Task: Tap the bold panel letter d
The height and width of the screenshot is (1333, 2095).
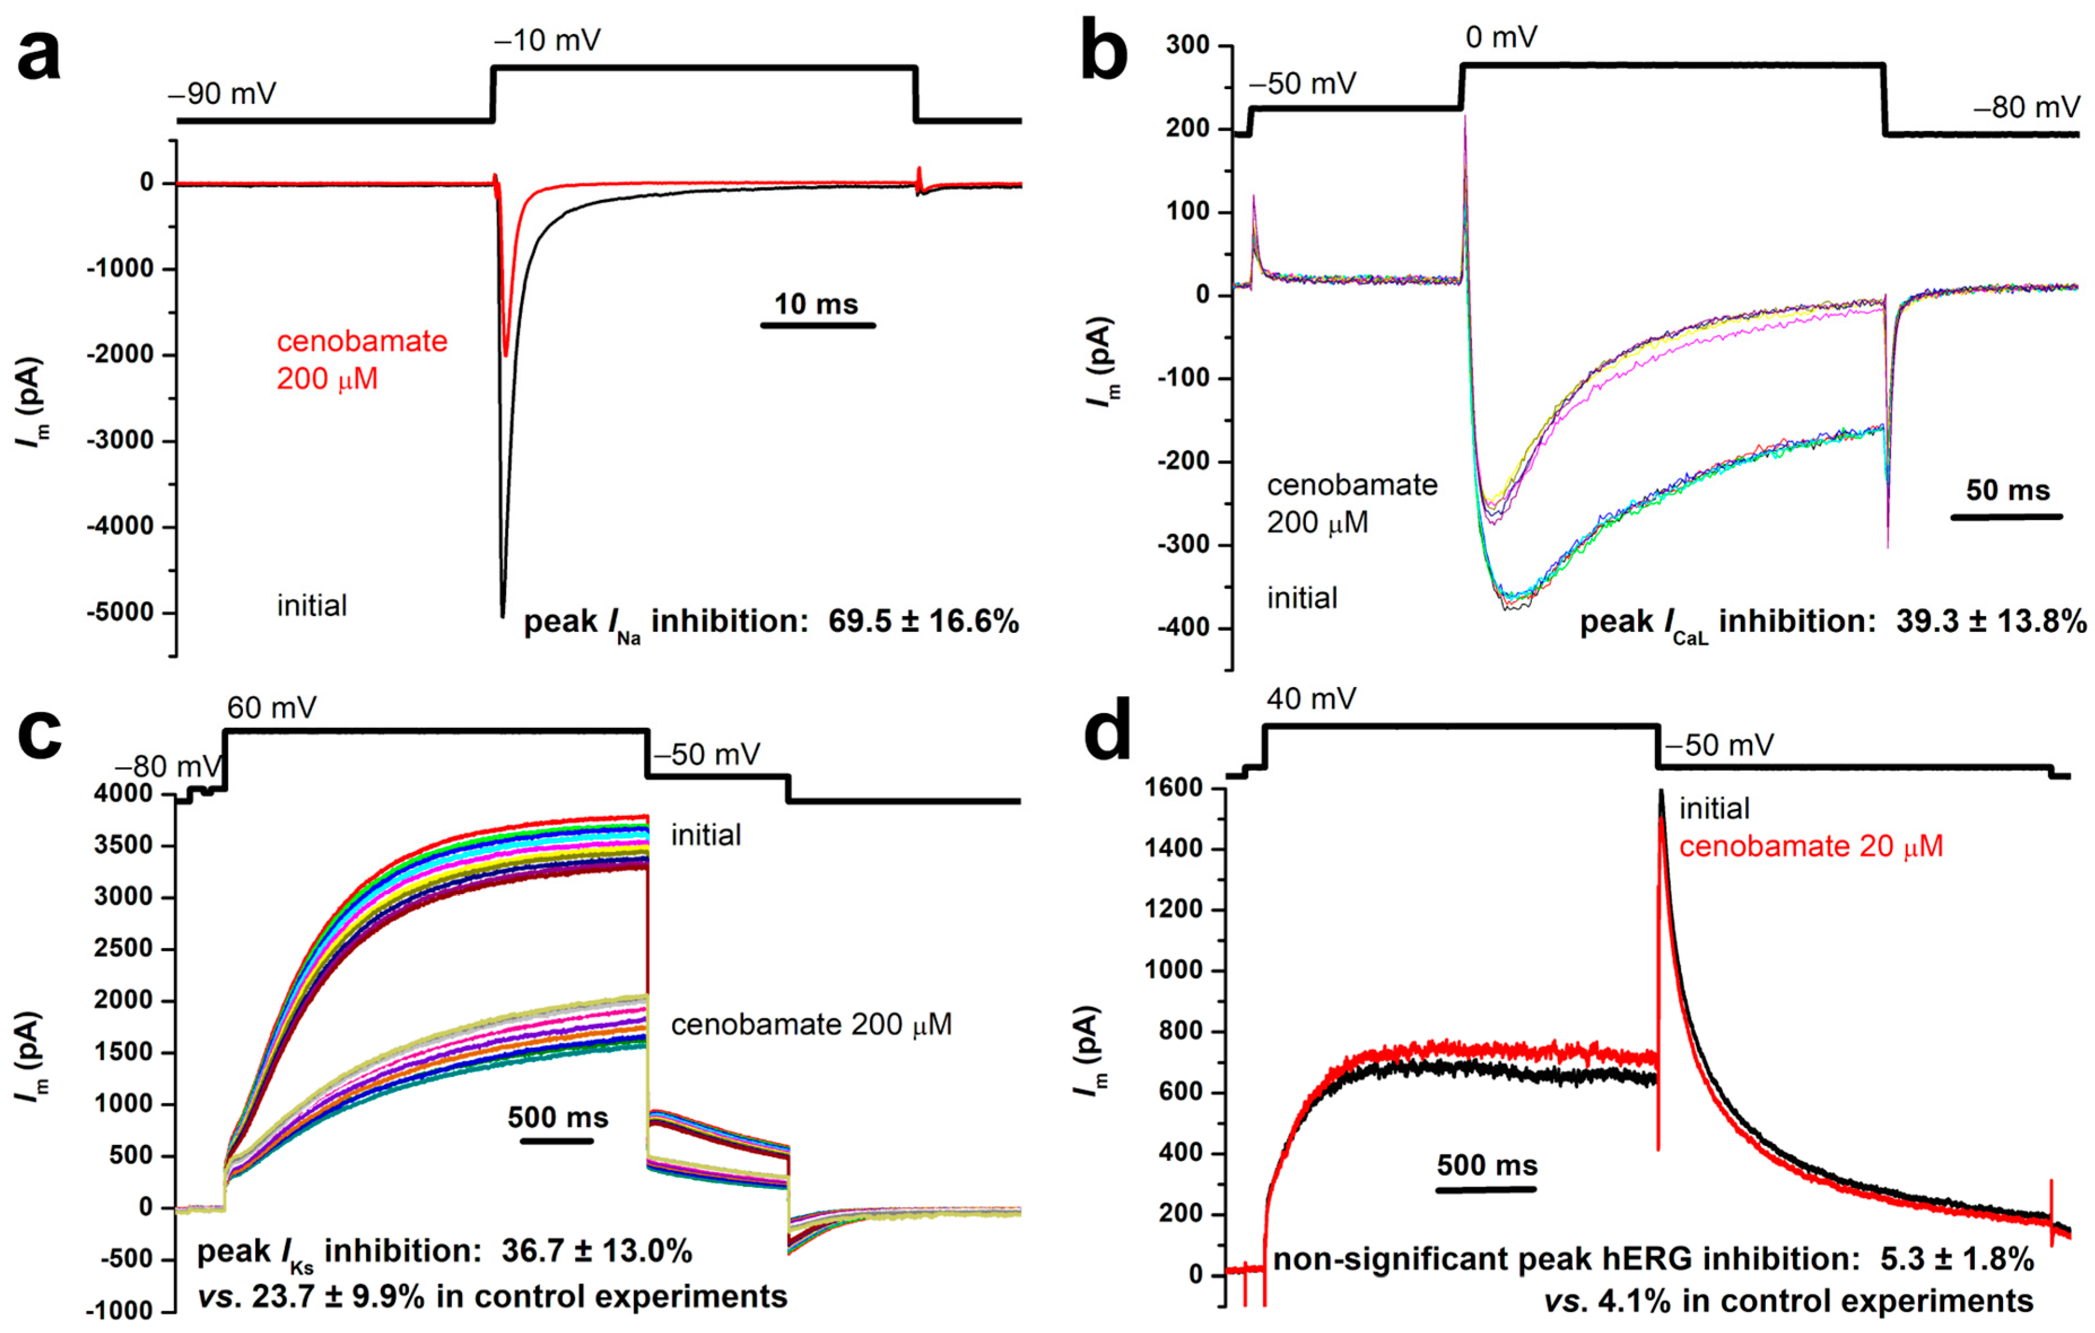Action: tap(1107, 733)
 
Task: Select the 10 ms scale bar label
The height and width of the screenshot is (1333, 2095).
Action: tap(816, 304)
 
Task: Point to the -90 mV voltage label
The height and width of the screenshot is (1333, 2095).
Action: tap(222, 93)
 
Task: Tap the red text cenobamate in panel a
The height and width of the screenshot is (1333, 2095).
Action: tap(362, 341)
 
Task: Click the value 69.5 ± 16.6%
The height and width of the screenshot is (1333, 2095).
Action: tap(923, 621)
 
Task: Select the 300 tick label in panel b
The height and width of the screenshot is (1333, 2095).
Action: tap(1188, 45)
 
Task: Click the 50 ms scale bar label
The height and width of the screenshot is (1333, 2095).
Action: tap(2008, 490)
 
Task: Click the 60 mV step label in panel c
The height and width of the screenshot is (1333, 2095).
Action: tap(272, 707)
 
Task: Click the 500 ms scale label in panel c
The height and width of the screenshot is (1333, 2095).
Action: tap(558, 1117)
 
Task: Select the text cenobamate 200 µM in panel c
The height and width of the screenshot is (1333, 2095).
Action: tap(811, 1024)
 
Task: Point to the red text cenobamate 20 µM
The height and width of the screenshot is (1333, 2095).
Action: tap(1810, 846)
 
